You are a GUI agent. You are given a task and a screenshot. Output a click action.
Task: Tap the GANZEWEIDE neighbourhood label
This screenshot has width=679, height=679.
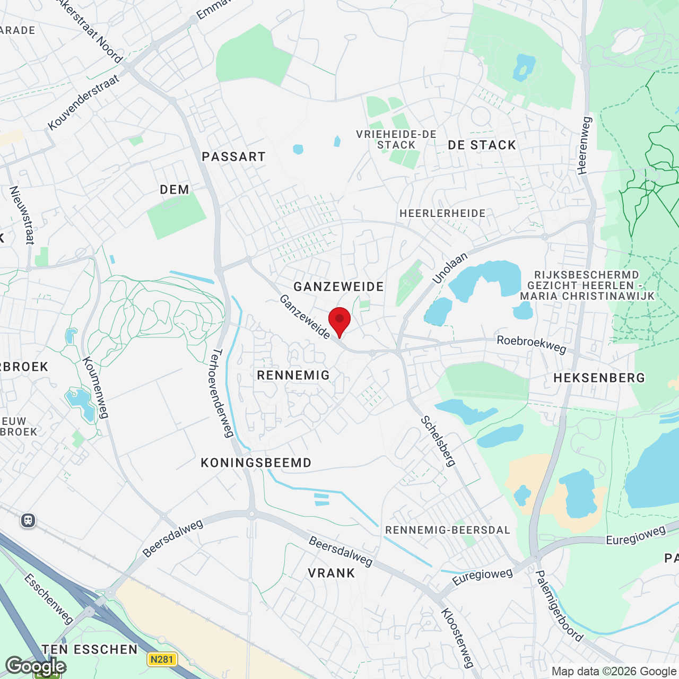pyautogui.click(x=338, y=287)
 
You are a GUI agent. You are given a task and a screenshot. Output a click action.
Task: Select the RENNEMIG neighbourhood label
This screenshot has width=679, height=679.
pyautogui.click(x=293, y=376)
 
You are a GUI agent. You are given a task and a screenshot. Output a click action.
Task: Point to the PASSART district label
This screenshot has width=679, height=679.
pyautogui.click(x=233, y=157)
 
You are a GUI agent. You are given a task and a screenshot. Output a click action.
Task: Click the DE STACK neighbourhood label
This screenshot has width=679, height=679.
pyautogui.click(x=482, y=145)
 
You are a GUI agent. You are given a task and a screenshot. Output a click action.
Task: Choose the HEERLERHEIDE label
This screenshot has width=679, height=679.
pyautogui.click(x=442, y=214)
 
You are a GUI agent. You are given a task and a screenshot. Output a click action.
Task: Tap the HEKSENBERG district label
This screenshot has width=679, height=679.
pyautogui.click(x=599, y=378)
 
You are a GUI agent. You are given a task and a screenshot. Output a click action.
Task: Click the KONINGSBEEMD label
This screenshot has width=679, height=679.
pyautogui.click(x=256, y=463)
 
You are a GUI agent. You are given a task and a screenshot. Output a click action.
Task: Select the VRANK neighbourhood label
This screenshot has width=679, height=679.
pyautogui.click(x=332, y=573)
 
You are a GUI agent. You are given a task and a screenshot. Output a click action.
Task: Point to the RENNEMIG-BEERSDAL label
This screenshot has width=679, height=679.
pyautogui.click(x=448, y=530)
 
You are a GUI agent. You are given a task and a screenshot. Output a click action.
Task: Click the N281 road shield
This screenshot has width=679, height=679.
pyautogui.click(x=162, y=659)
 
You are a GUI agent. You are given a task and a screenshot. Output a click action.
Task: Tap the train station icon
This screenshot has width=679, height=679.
pyautogui.click(x=28, y=520)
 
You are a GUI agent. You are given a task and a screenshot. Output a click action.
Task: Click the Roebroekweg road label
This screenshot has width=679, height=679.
pyautogui.click(x=532, y=344)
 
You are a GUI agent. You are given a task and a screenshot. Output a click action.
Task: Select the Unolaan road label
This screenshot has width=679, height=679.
pyautogui.click(x=450, y=268)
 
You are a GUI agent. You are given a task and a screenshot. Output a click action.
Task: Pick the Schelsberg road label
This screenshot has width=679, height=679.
pyautogui.click(x=438, y=441)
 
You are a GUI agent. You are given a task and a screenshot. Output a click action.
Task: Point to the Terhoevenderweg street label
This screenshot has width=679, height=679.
pyautogui.click(x=223, y=393)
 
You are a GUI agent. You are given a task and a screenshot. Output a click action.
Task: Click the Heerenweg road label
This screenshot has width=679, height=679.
pyautogui.click(x=584, y=145)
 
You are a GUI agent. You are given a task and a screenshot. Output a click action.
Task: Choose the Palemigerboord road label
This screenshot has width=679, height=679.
pyautogui.click(x=559, y=606)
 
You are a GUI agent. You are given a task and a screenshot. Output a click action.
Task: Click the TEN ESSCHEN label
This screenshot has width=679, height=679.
pyautogui.click(x=90, y=650)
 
